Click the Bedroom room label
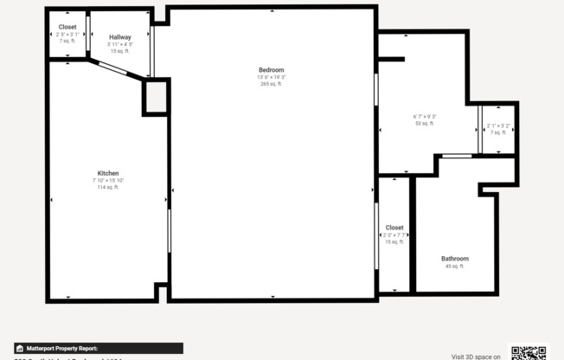coord(271,70)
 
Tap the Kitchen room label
coord(108,173)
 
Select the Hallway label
coord(119,37)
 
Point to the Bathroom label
coord(455,259)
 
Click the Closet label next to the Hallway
coord(67,27)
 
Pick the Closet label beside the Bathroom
coord(394,228)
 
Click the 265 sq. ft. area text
coord(271,84)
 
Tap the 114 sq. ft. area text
coord(108,187)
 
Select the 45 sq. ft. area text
coord(455,267)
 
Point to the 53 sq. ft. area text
coord(425,124)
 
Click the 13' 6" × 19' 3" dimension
coord(271,77)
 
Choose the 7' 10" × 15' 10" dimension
coord(108,180)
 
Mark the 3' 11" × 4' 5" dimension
coord(119,44)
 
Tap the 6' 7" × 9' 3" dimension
coord(425,117)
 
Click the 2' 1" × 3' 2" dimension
coord(498,126)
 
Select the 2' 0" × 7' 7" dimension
coord(394,235)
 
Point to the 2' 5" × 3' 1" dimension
coord(67,34)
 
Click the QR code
coord(529,352)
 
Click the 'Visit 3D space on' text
coord(476,356)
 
